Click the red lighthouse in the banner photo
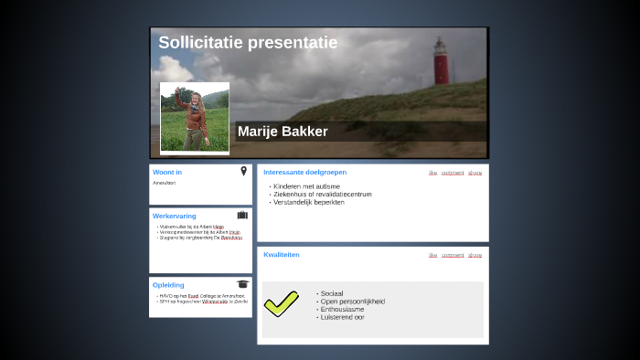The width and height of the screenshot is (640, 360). [441, 62]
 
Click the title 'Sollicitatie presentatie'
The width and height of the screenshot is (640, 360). [248, 43]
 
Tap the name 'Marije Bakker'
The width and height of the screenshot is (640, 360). [283, 132]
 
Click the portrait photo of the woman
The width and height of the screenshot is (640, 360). [194, 118]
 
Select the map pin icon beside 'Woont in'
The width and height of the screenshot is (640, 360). [244, 171]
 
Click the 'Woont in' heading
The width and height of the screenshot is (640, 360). [167, 173]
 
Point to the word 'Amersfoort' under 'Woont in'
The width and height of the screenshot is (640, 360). [165, 184]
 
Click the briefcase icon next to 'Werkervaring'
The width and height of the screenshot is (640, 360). [242, 216]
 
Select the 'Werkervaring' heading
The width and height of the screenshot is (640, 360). [175, 217]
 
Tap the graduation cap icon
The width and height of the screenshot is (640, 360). [242, 284]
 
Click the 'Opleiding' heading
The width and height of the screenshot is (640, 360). [168, 285]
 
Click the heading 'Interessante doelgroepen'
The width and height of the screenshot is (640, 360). [304, 173]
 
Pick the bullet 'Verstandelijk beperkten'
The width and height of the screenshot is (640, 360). [308, 202]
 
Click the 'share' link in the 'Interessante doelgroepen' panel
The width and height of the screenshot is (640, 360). [475, 173]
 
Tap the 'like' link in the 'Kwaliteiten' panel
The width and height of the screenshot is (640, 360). [432, 255]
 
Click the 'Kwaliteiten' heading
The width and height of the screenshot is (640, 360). [282, 255]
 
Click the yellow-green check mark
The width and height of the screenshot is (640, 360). [282, 302]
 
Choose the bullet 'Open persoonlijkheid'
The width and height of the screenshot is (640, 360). [352, 302]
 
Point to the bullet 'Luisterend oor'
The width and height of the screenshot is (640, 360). [342, 317]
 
